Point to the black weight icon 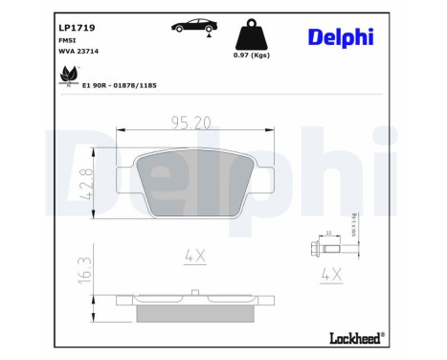tap(254, 33)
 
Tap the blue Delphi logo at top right tap(341, 36)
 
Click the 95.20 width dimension tap(190, 123)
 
